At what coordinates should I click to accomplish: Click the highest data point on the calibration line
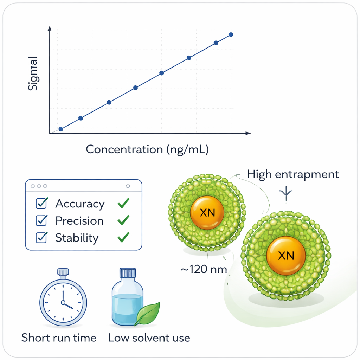(x=231, y=34)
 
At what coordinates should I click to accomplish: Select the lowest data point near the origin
(x=61, y=129)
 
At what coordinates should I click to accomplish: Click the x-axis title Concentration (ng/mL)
(x=147, y=149)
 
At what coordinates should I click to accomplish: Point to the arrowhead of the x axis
(x=249, y=133)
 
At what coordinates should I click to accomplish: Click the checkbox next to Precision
(x=41, y=220)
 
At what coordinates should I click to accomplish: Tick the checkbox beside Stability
(x=41, y=238)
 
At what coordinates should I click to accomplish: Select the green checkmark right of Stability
(x=123, y=237)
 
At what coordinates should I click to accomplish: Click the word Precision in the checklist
(x=79, y=221)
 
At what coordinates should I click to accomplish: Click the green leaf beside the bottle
(x=148, y=313)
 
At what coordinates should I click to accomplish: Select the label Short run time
(x=59, y=338)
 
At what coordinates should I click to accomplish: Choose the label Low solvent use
(x=149, y=338)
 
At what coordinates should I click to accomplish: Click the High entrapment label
(x=293, y=174)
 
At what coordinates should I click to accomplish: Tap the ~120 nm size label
(x=204, y=270)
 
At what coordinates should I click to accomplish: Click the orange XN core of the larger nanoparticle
(x=286, y=256)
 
